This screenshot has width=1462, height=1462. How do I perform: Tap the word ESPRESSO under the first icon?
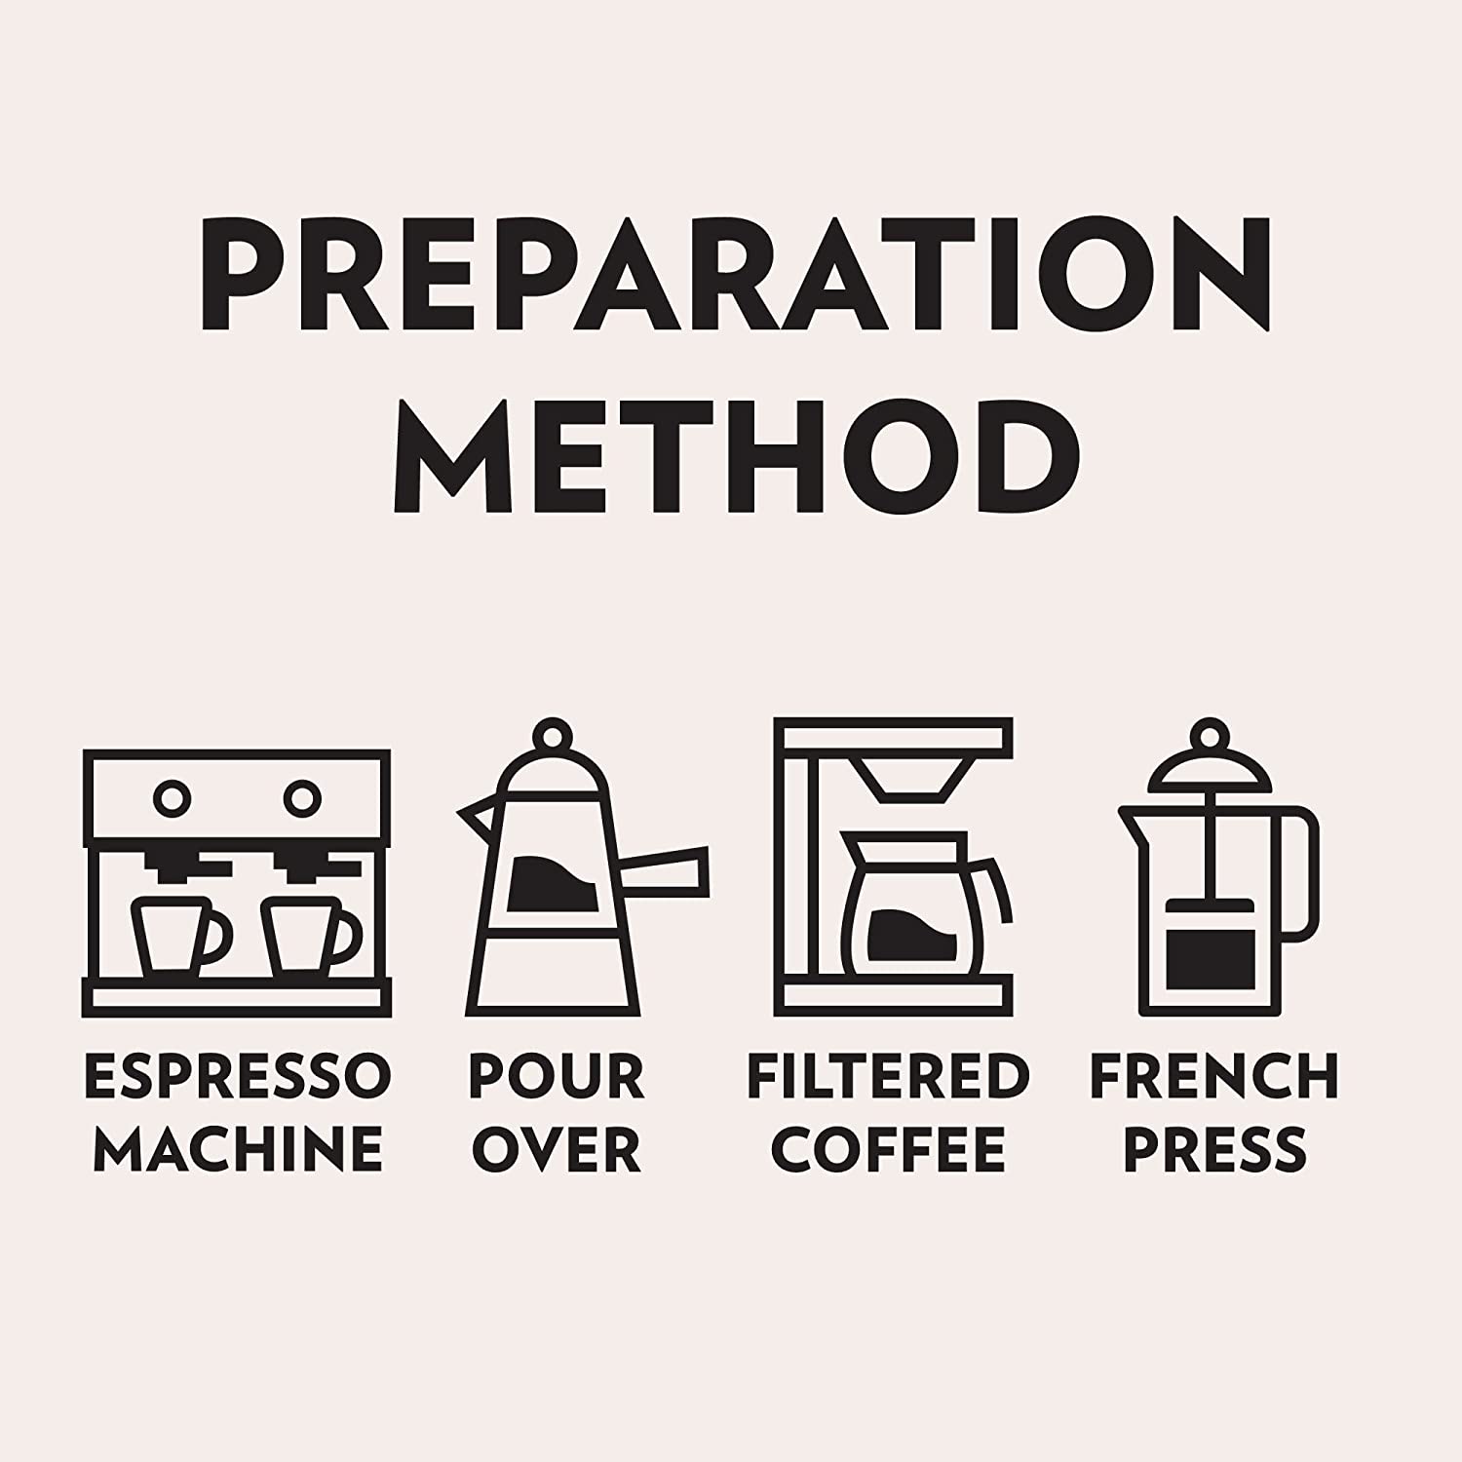[238, 1076]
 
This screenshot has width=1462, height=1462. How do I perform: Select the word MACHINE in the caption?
[238, 1148]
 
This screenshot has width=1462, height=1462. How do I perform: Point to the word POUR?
[556, 1076]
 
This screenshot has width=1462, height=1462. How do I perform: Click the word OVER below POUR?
[557, 1148]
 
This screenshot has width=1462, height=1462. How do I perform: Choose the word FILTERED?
[889, 1076]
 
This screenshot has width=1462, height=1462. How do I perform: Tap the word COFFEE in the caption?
[888, 1148]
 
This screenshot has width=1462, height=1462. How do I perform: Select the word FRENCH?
[1214, 1076]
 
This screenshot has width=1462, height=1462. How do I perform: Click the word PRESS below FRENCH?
[1214, 1148]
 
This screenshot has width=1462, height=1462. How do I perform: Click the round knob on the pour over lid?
[554, 736]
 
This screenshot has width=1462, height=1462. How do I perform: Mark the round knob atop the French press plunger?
[1210, 736]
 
